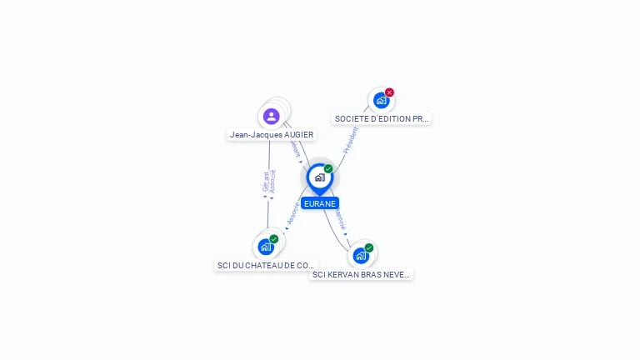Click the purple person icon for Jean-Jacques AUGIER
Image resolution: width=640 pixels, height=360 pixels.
271,117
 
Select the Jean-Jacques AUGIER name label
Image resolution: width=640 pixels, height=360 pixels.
272,134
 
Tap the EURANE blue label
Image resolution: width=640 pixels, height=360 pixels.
320,203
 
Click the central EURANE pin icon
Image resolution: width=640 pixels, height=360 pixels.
319,177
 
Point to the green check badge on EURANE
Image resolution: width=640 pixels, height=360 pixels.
328,168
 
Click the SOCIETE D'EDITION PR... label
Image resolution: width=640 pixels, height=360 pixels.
381,118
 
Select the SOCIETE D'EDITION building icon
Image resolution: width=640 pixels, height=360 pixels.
381,101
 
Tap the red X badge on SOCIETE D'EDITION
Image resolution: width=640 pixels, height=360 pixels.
389,92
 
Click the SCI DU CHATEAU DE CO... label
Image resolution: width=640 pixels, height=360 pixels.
266,265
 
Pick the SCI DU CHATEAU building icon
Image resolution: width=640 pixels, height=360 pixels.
266,247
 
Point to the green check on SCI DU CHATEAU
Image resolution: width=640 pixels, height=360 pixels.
274,239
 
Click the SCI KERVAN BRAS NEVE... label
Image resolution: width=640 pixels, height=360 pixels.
361,274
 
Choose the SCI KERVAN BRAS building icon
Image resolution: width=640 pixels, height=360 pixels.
360,256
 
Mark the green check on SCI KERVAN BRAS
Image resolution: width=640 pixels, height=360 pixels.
369,247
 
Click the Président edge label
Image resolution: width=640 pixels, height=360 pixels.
351,140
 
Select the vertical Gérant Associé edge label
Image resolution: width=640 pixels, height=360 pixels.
268,182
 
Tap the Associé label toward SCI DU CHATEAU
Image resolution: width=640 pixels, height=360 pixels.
292,214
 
